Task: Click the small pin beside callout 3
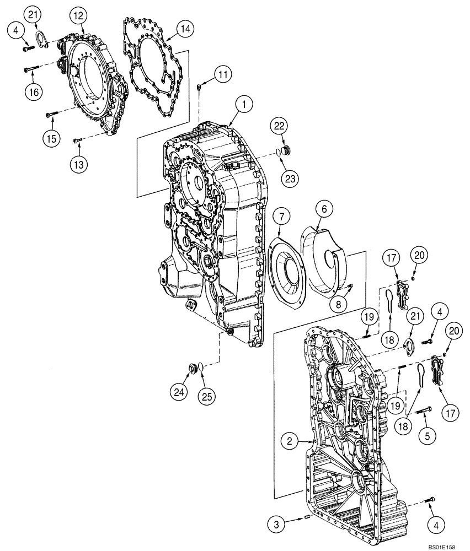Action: coord(307,517)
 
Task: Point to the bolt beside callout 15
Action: coord(52,114)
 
